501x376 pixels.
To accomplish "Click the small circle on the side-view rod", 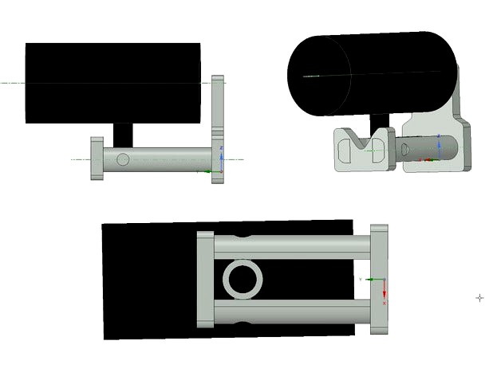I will (122, 159).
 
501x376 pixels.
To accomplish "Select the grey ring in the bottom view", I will (242, 280).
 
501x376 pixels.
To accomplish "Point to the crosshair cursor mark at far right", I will (479, 298).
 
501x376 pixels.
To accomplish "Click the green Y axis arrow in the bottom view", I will (369, 280).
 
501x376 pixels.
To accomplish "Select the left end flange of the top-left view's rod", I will (97, 159).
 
